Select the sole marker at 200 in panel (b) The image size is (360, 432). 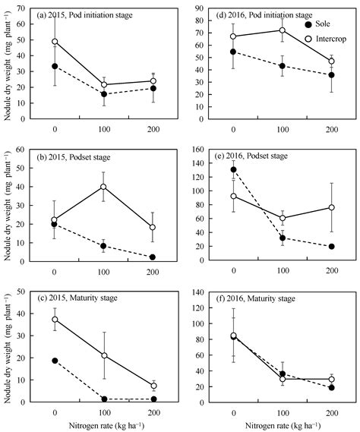click(x=153, y=257)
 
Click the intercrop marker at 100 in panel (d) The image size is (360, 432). click(x=283, y=30)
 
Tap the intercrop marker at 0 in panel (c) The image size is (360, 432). click(x=55, y=320)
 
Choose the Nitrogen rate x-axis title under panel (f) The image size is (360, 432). click(x=283, y=424)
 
